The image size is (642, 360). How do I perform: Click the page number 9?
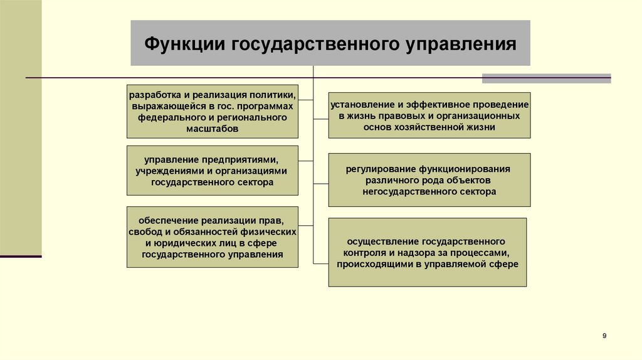604,337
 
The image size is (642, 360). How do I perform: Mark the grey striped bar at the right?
546,78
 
